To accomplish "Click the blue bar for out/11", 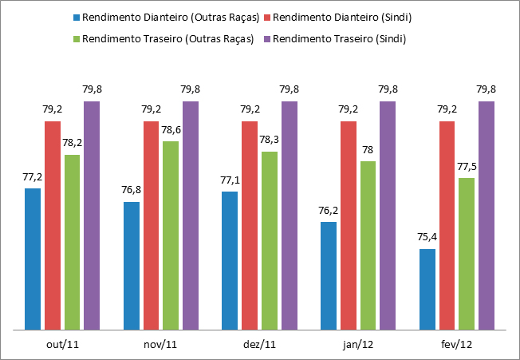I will (33, 259).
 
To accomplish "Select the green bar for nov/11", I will (171, 235).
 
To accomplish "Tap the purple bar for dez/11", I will (289, 215).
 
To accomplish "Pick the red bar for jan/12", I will (349, 224).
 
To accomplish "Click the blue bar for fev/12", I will (427, 288).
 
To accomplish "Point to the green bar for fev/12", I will (467, 253).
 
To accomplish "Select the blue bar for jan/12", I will (329, 275).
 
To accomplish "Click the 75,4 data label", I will (427, 237).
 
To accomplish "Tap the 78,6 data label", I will (171, 129).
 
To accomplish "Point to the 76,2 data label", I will (329, 210).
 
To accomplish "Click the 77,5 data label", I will (467, 166).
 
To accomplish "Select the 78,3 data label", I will (270, 139).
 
